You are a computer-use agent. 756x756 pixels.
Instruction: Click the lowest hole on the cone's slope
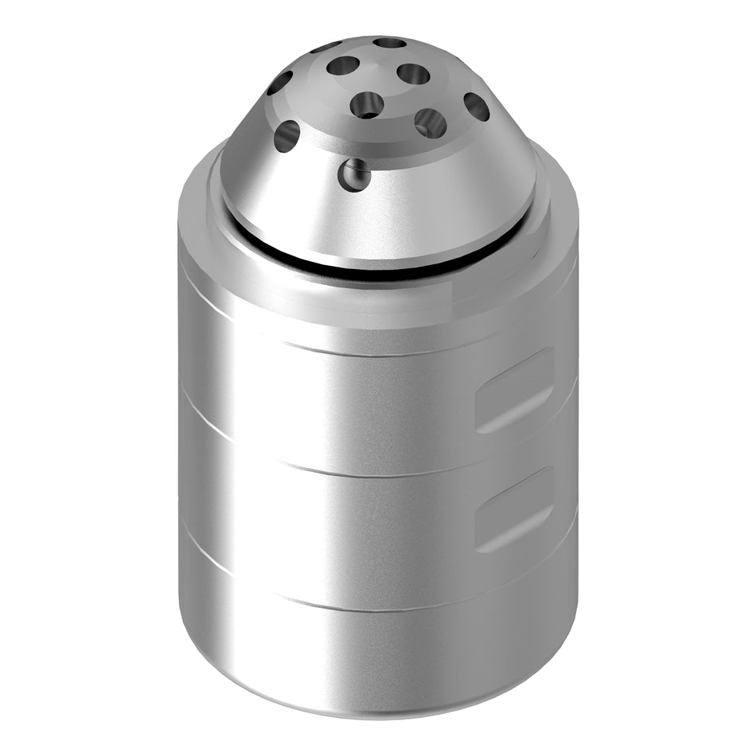[355, 175]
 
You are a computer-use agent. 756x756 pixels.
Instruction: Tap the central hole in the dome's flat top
[367, 103]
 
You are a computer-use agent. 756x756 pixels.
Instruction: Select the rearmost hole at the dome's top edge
[389, 42]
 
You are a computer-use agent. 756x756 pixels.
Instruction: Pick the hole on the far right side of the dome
[476, 106]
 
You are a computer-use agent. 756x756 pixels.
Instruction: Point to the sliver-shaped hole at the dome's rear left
[325, 47]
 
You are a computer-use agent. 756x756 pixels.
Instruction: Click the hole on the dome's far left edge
[279, 82]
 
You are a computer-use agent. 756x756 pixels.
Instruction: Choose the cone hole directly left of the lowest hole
[286, 135]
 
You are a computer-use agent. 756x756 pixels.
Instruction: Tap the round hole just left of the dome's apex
[343, 65]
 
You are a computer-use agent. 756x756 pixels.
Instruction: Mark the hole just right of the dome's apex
[413, 74]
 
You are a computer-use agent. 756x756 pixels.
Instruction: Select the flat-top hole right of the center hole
[430, 123]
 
